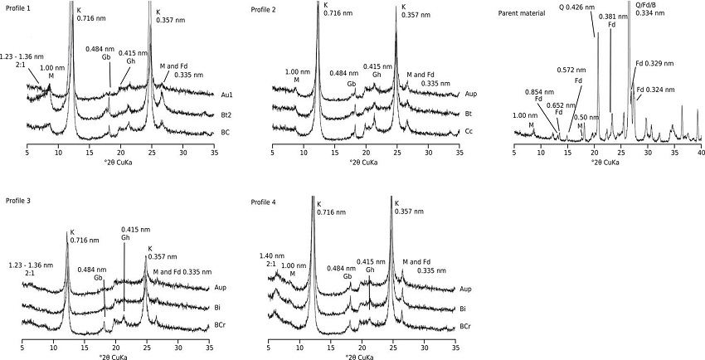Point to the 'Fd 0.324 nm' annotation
point(656,89)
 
